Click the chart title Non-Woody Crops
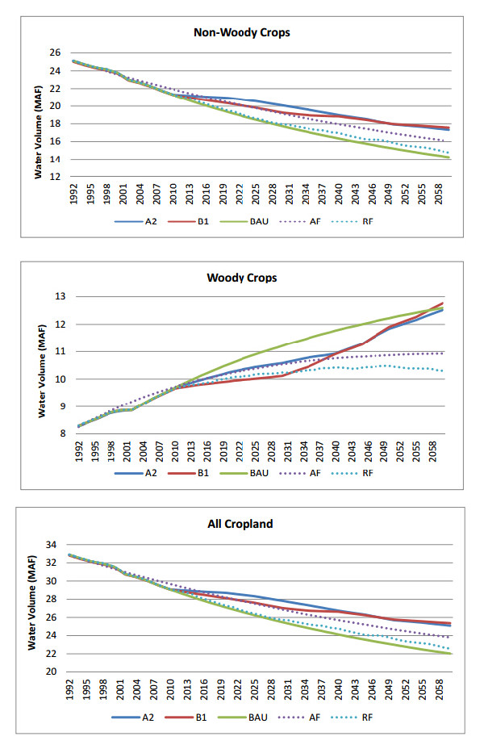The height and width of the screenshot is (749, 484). pos(242,33)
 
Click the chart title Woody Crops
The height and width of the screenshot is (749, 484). pos(242,277)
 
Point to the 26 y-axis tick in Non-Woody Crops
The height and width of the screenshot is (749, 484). pos(55,52)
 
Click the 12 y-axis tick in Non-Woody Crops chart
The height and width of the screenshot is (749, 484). pos(55,177)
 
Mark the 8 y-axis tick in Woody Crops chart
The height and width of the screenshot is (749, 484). pos(57,433)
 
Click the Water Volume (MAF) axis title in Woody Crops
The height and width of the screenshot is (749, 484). pos(42,367)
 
